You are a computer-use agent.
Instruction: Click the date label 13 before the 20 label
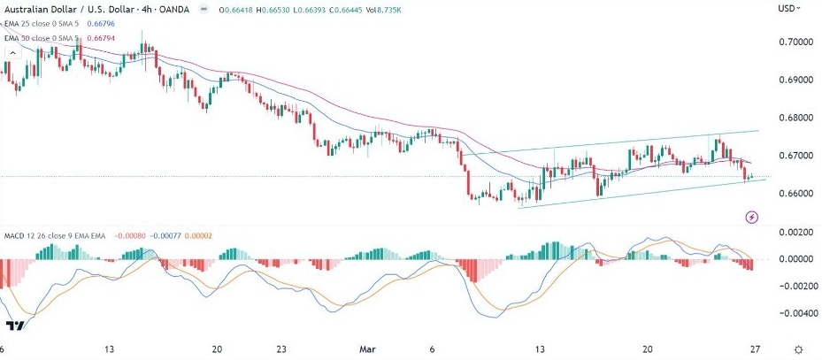(x=110, y=349)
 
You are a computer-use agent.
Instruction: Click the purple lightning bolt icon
(x=752, y=217)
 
